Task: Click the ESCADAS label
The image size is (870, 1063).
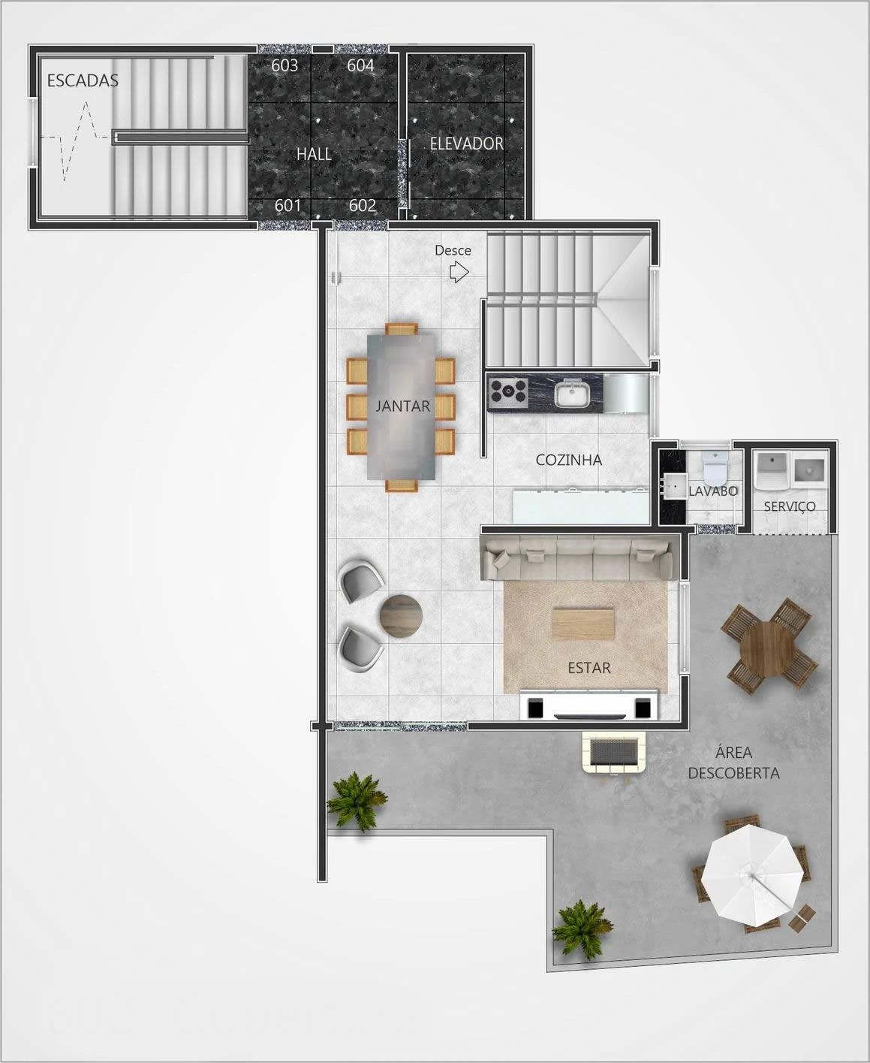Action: click(x=83, y=80)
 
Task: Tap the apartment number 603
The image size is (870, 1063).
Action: click(x=284, y=65)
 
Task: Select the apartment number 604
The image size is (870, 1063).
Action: click(x=360, y=65)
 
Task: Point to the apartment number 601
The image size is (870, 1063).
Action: click(x=287, y=206)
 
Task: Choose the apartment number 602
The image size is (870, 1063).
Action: click(x=363, y=206)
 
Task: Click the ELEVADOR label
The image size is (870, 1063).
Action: click(x=466, y=144)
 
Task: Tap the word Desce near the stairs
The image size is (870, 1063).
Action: click(x=453, y=250)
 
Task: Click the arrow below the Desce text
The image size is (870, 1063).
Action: click(x=459, y=273)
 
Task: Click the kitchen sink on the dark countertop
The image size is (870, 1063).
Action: click(x=572, y=393)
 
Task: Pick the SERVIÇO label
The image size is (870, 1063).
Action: click(x=790, y=506)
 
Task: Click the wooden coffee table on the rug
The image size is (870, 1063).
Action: click(x=583, y=624)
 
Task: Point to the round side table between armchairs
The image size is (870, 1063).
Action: click(x=401, y=616)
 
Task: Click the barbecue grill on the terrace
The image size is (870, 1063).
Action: click(x=614, y=753)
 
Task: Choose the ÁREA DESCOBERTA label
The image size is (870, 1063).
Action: click(x=733, y=763)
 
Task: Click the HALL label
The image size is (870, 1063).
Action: click(x=314, y=154)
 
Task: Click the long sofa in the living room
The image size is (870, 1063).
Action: click(x=577, y=558)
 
